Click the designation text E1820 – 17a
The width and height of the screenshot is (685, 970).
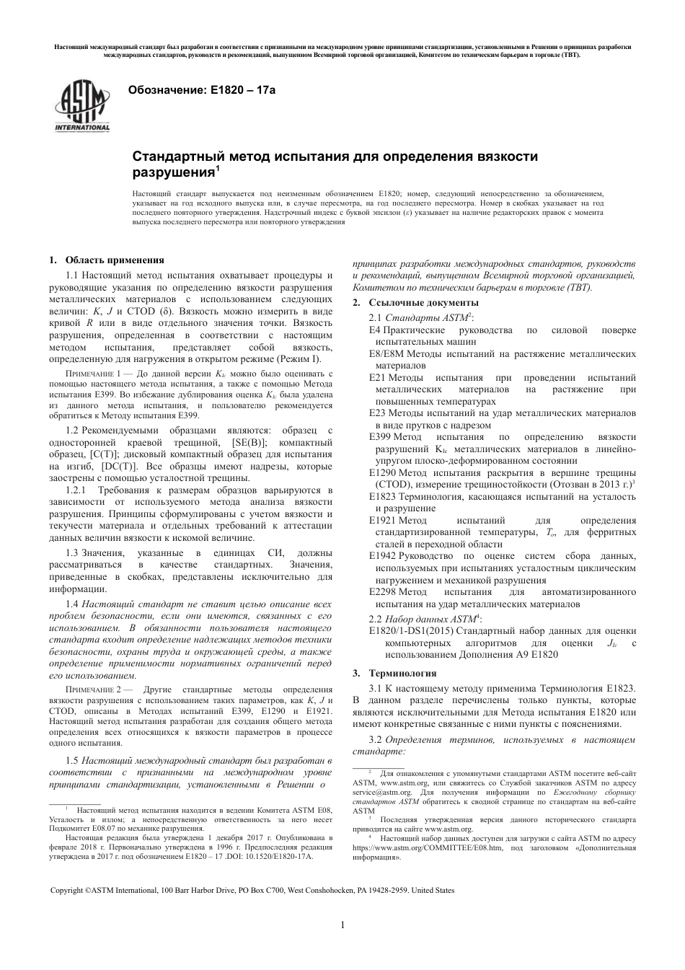click(x=242, y=90)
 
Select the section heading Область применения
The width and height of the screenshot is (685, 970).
click(x=115, y=260)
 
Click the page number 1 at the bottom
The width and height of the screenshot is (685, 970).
click(x=342, y=925)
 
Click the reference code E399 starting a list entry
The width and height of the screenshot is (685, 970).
click(x=380, y=437)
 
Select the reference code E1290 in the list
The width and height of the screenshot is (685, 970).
click(x=383, y=472)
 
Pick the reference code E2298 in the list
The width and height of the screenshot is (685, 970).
click(x=383, y=592)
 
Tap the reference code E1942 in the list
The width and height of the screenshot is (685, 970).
click(x=383, y=556)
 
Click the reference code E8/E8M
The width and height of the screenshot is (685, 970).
click(x=386, y=353)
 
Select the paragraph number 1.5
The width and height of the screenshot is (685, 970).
click(x=71, y=761)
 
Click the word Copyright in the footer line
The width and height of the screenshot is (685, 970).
click(x=66, y=890)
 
